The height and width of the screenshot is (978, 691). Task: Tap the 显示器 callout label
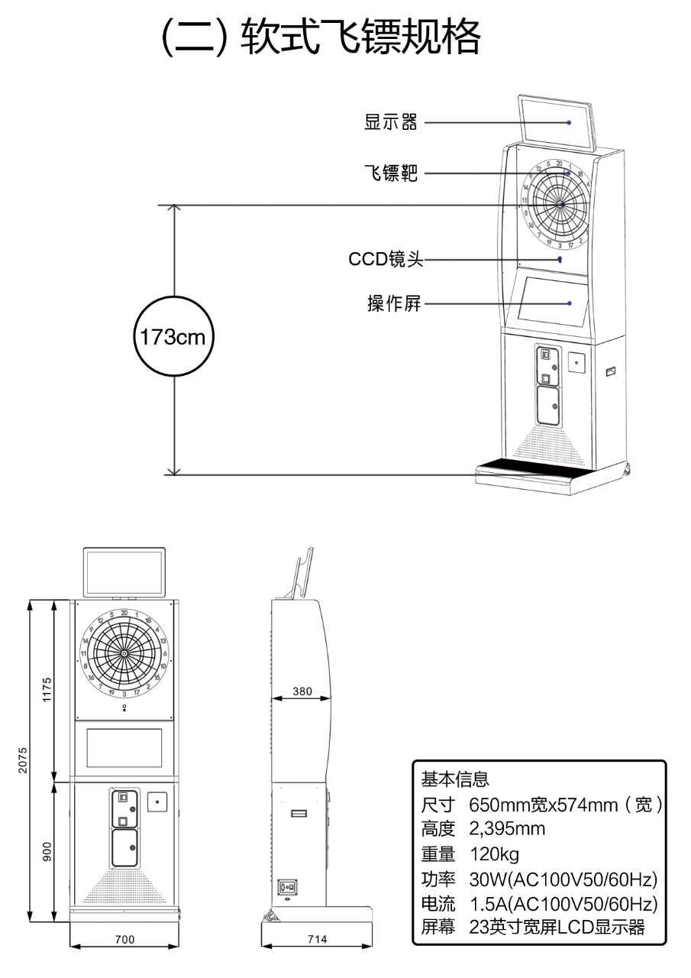pyautogui.click(x=391, y=122)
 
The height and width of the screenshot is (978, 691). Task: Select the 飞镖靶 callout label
pyautogui.click(x=391, y=173)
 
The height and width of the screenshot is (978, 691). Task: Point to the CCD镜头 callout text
pyautogui.click(x=386, y=259)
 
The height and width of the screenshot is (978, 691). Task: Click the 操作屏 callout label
pyautogui.click(x=394, y=303)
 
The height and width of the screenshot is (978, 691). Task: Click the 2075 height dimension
pyautogui.click(x=24, y=761)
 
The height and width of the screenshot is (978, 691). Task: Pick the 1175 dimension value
pyautogui.click(x=47, y=690)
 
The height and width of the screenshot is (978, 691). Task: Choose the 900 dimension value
pyautogui.click(x=47, y=852)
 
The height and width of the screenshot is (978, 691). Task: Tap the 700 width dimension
pyautogui.click(x=124, y=939)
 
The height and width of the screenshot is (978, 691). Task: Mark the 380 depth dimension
pyautogui.click(x=302, y=691)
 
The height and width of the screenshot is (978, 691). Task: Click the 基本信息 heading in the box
pyautogui.click(x=455, y=779)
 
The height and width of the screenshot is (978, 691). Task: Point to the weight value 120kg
pyautogui.click(x=494, y=853)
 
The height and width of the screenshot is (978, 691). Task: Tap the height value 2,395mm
pyautogui.click(x=507, y=829)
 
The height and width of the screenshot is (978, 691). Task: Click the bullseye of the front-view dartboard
pyautogui.click(x=124, y=655)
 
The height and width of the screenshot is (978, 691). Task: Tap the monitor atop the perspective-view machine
pyautogui.click(x=557, y=122)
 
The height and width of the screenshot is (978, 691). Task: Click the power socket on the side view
pyautogui.click(x=289, y=888)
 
